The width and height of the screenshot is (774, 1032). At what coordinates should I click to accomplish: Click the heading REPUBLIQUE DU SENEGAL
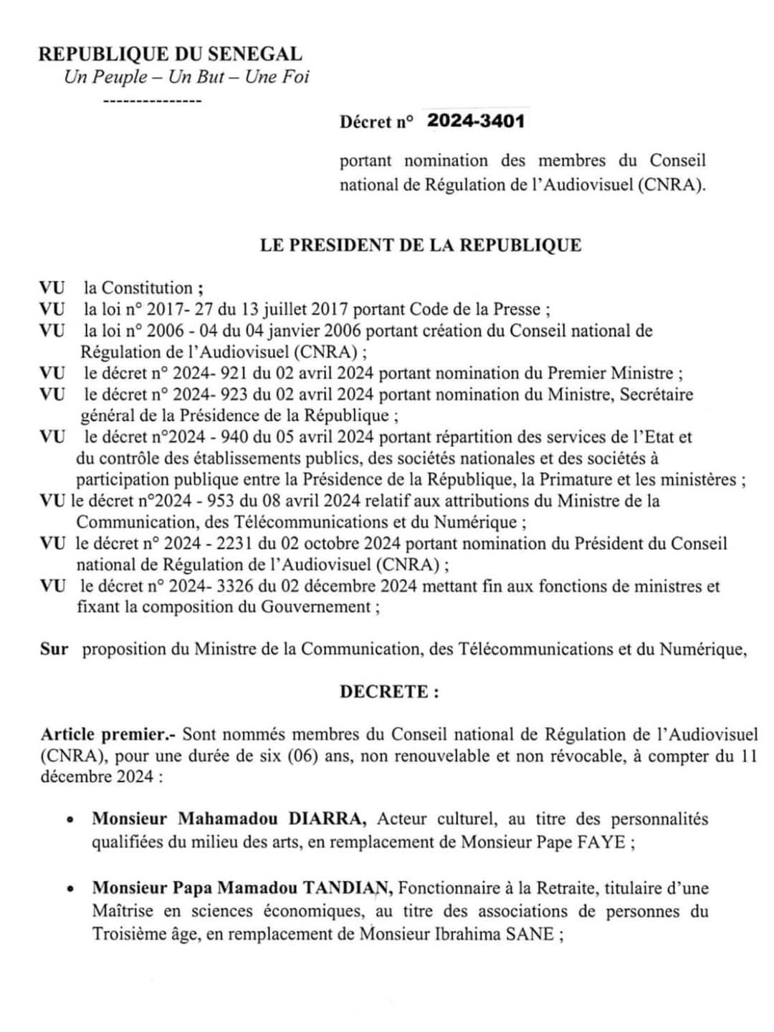[170, 54]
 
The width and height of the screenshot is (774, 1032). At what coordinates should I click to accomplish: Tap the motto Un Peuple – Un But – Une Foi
[186, 77]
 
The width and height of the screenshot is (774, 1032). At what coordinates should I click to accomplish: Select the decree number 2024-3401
[476, 120]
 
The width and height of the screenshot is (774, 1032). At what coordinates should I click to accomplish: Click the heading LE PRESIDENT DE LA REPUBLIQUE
[420, 245]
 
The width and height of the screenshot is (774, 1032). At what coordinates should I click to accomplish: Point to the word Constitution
[147, 288]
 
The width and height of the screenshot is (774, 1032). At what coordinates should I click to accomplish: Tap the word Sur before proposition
[54, 650]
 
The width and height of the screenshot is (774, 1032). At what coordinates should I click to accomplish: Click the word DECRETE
[385, 692]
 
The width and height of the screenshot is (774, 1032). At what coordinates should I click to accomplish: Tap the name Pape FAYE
[581, 841]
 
